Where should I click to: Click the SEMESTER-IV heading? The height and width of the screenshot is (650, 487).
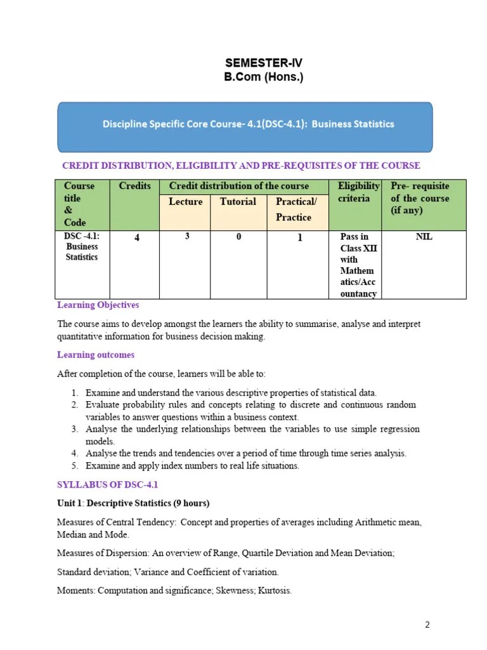pos(264,63)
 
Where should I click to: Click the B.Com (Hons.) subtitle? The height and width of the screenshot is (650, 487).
pos(264,77)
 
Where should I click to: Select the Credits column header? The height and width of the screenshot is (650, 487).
pos(134,186)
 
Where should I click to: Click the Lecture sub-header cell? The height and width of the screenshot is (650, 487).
pos(186,202)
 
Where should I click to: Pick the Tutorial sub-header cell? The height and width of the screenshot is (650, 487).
pos(238,202)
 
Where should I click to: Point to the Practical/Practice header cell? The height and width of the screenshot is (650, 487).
pos(296,209)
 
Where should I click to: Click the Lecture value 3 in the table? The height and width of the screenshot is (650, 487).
pos(187,237)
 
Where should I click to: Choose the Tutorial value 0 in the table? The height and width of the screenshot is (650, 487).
pos(239,237)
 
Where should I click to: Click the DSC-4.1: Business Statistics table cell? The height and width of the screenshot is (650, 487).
pos(82,247)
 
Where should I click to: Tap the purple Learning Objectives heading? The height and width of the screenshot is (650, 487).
pos(98,305)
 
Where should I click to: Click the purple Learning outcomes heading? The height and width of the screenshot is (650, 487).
pos(96,355)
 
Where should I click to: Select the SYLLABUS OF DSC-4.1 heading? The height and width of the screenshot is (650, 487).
pos(107,484)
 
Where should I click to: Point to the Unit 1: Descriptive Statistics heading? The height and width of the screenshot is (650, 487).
pos(133,503)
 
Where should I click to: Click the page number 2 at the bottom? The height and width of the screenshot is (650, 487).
pos(427,625)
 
